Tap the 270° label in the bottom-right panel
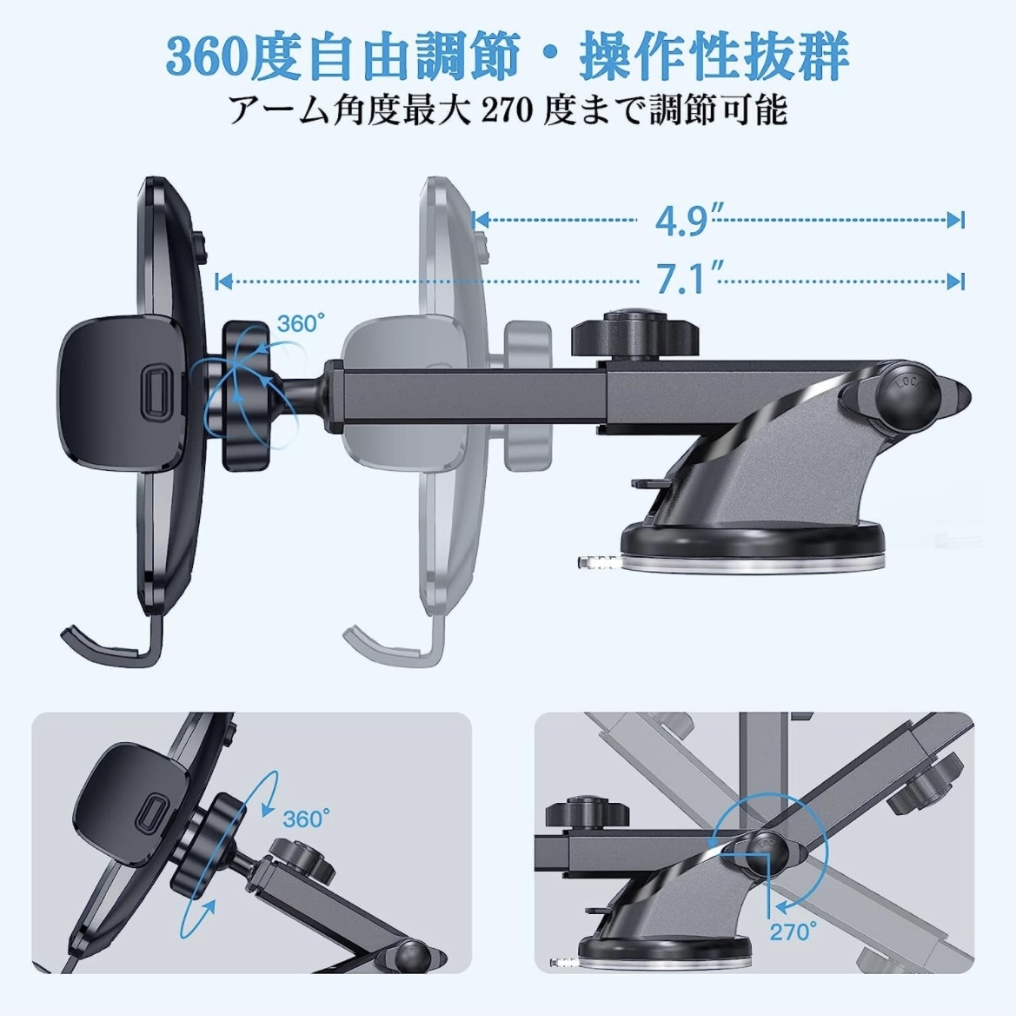pos(793,931)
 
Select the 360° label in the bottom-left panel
pos(306,818)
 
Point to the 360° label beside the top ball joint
pos(301,323)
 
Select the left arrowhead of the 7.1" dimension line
pos(223,282)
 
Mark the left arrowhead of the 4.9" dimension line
pos(481,220)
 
